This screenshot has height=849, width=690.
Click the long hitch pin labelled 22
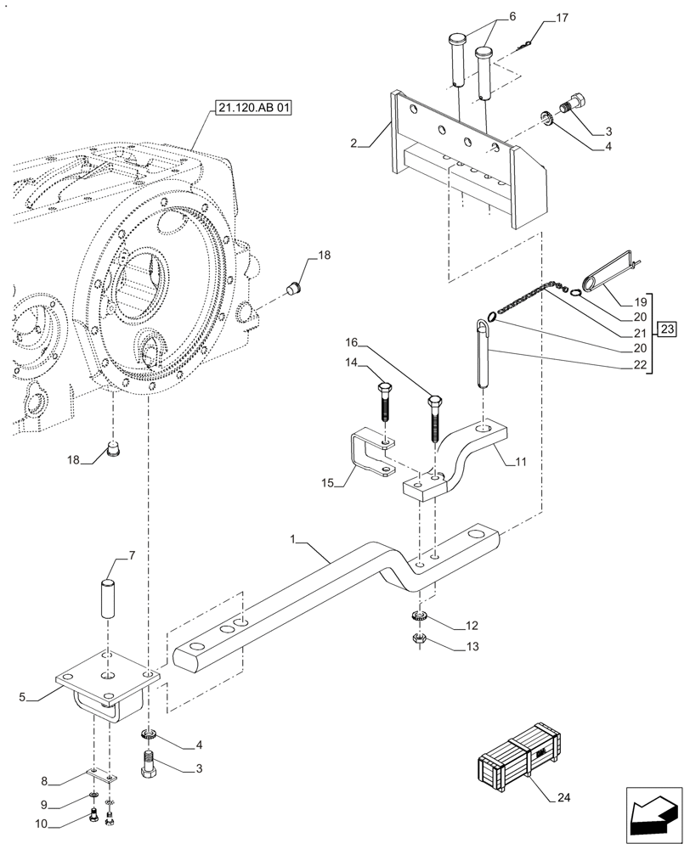click(484, 352)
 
